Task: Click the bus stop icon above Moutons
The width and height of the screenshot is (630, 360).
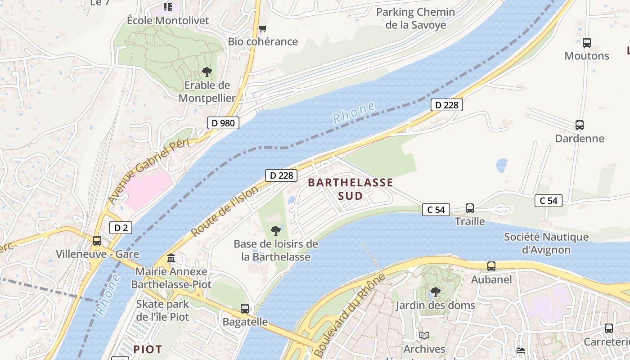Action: click(586, 43)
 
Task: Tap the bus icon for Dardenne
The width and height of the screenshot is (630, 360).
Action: click(580, 125)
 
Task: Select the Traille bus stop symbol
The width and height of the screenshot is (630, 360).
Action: click(470, 208)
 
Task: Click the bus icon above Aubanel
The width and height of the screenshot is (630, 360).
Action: click(491, 266)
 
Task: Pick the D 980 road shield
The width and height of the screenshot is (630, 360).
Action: click(223, 123)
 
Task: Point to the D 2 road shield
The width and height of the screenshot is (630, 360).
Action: click(121, 228)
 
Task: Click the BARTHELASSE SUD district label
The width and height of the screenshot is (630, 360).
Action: click(350, 189)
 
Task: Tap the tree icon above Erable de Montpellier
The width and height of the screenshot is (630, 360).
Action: click(207, 72)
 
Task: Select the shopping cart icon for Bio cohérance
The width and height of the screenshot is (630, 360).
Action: click(263, 29)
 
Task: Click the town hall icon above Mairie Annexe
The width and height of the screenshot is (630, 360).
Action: click(171, 258)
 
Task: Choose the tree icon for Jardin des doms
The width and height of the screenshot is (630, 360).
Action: click(435, 292)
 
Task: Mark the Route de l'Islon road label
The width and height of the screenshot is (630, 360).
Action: click(225, 211)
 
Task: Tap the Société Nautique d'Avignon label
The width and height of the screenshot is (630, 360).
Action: click(546, 243)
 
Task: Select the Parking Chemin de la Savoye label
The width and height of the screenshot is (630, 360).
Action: click(415, 18)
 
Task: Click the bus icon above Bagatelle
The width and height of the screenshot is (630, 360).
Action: click(245, 309)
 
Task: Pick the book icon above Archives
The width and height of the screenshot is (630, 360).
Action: click(424, 335)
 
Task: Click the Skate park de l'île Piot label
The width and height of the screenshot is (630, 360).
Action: click(163, 310)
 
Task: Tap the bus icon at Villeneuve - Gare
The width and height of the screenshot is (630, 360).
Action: click(97, 241)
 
